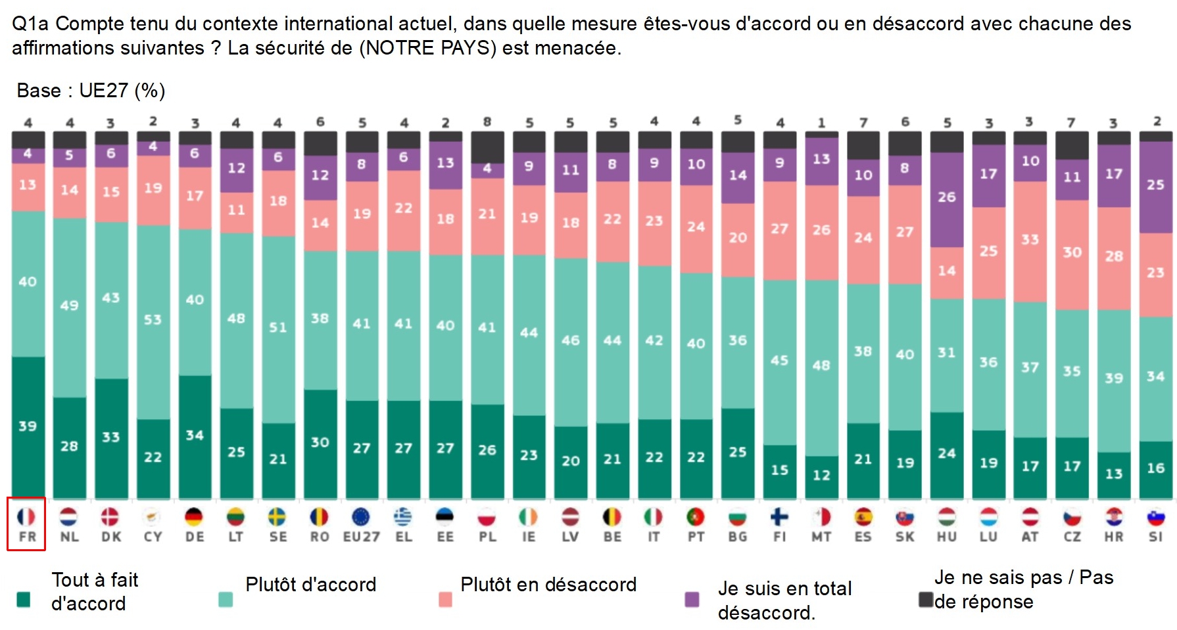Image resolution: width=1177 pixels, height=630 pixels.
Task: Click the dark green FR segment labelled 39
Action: pyautogui.click(x=28, y=427)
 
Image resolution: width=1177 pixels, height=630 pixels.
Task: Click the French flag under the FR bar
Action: pyautogui.click(x=26, y=517)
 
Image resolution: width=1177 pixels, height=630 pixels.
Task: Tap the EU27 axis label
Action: pyautogui.click(x=361, y=537)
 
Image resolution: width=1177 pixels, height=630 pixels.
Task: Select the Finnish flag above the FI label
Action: pyautogui.click(x=779, y=517)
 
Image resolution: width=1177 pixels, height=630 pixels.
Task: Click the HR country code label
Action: pyautogui.click(x=1113, y=537)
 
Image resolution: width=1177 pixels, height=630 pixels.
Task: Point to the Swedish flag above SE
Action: pyautogui.click(x=277, y=517)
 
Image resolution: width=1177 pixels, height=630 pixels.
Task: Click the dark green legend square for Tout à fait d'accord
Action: pyautogui.click(x=24, y=599)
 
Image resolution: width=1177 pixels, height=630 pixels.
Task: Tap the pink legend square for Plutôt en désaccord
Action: pyautogui.click(x=445, y=599)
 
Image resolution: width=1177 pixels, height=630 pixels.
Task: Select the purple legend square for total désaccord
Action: pyautogui.click(x=692, y=599)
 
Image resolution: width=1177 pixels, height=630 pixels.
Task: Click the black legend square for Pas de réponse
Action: pyautogui.click(x=926, y=599)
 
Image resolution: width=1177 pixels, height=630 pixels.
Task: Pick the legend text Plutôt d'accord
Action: pyautogui.click(x=310, y=585)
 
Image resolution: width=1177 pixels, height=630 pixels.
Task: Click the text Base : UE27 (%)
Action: pyautogui.click(x=91, y=91)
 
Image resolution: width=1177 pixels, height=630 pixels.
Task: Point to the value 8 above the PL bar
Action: pyautogui.click(x=487, y=122)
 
